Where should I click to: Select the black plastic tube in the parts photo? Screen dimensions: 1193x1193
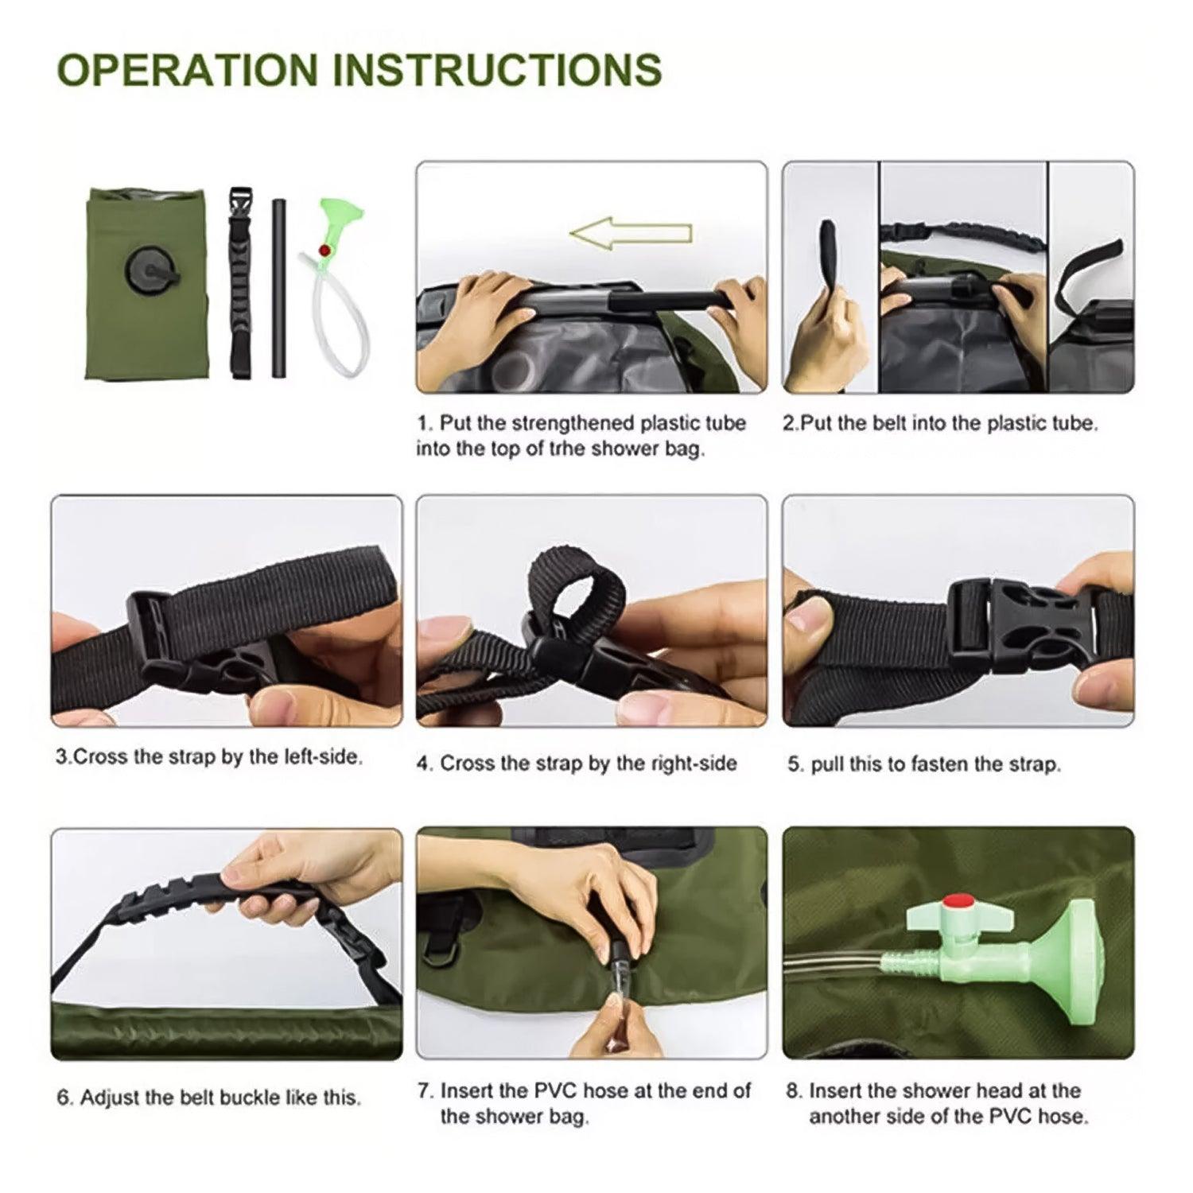coord(278,288)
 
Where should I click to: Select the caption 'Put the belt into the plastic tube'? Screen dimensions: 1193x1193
coord(940,423)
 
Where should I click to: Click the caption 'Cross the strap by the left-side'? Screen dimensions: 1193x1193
coord(209,756)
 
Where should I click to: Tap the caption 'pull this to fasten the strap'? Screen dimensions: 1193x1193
coord(924,764)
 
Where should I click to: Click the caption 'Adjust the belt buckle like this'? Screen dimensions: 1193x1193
coord(209,1098)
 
